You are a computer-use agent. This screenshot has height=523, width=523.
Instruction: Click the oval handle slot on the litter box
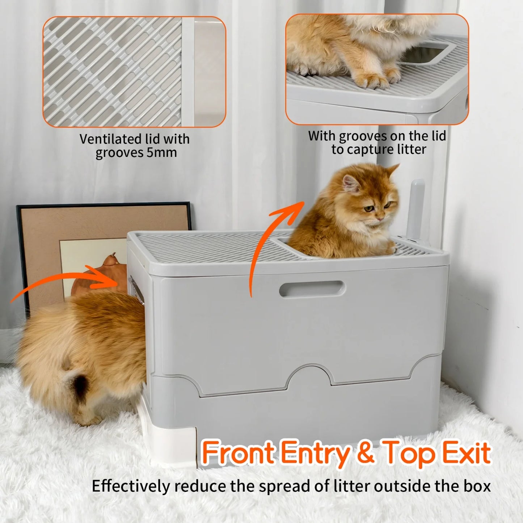[312, 289]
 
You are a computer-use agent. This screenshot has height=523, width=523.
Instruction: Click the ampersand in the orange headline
[365, 453]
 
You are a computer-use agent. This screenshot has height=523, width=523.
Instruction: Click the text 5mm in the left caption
[162, 153]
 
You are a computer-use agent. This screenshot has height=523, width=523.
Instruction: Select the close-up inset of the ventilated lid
[134, 72]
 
